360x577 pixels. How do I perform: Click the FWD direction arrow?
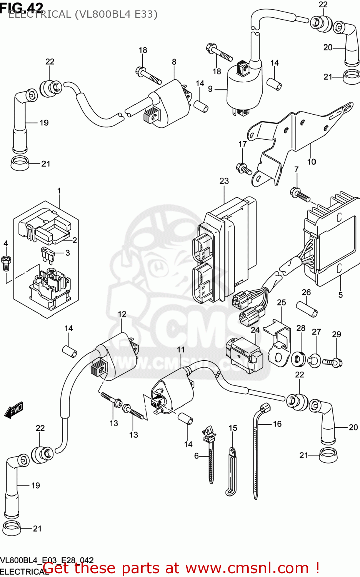point(14,410)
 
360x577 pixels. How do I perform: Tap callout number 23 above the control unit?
point(224,181)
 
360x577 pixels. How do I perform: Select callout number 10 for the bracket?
point(312,162)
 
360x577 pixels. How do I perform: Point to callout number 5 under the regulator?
point(340,295)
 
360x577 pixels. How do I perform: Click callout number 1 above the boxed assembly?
point(59,191)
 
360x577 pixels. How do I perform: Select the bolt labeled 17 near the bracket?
point(243,168)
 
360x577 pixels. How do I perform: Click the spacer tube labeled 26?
point(307,309)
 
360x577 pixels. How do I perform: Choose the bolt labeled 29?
point(332,362)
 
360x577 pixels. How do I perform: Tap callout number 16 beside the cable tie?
point(277,424)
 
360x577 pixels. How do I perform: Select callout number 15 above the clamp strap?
point(233,428)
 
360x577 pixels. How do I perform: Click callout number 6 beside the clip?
point(196,456)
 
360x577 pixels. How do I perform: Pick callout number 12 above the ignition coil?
point(122,314)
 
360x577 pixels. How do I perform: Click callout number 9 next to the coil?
point(210,89)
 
